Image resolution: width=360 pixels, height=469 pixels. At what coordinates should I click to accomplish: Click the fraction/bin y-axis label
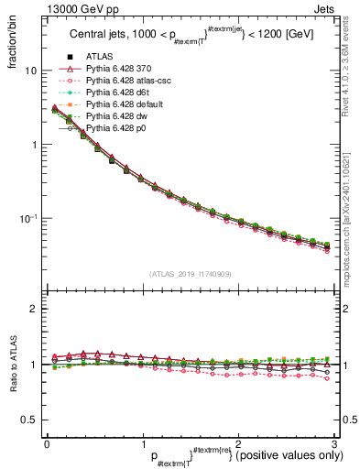pos(13,43)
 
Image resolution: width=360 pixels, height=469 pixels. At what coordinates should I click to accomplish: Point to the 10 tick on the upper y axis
pos(30,71)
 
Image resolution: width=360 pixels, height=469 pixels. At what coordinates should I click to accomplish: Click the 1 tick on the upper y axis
pos(33,145)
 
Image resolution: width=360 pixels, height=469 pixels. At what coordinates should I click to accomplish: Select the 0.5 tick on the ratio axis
pos(28,420)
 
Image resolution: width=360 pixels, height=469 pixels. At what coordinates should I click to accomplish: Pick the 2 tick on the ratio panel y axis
pos(33,309)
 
